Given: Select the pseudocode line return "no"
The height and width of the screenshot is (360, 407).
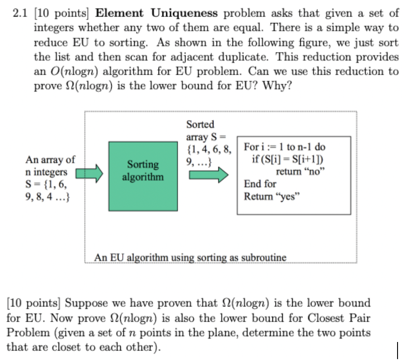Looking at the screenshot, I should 300,171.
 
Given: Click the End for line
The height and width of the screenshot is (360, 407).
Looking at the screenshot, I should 260,184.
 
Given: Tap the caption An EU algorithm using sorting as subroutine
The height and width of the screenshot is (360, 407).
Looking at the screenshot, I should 190,257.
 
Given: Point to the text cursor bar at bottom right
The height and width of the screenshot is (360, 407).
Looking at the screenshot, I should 398,350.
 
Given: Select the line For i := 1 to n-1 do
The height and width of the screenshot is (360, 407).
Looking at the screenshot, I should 285,147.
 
